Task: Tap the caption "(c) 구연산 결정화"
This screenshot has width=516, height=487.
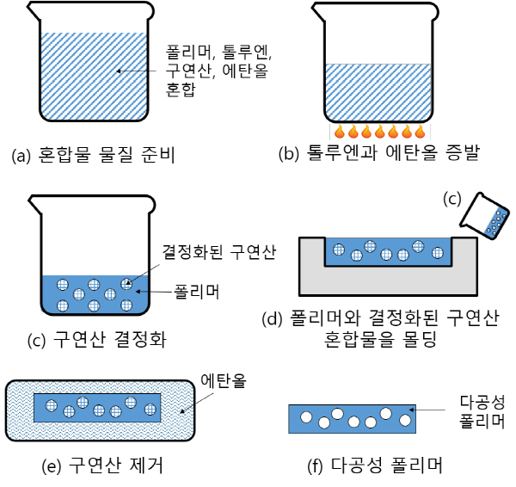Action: (96, 339)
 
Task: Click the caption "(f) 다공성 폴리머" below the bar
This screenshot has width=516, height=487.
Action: (373, 465)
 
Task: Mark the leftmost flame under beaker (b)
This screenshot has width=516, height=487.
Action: (339, 133)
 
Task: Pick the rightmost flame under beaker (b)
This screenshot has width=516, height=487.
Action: (420, 133)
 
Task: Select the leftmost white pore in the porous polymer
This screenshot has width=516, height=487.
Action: (305, 417)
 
